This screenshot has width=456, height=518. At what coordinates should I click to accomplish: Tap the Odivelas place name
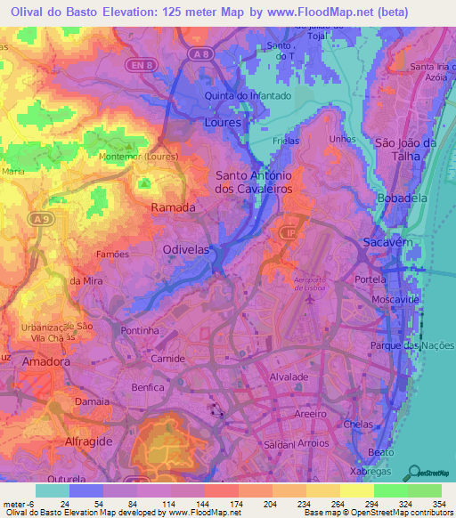[188, 252]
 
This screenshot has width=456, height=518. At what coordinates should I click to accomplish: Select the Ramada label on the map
[175, 206]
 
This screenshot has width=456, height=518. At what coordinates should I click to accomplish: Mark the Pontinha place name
[139, 329]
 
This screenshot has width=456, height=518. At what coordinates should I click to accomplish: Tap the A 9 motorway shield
[37, 218]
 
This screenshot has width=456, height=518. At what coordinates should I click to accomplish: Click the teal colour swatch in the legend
[53, 490]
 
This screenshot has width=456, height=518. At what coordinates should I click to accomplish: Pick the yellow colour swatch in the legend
[357, 490]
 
